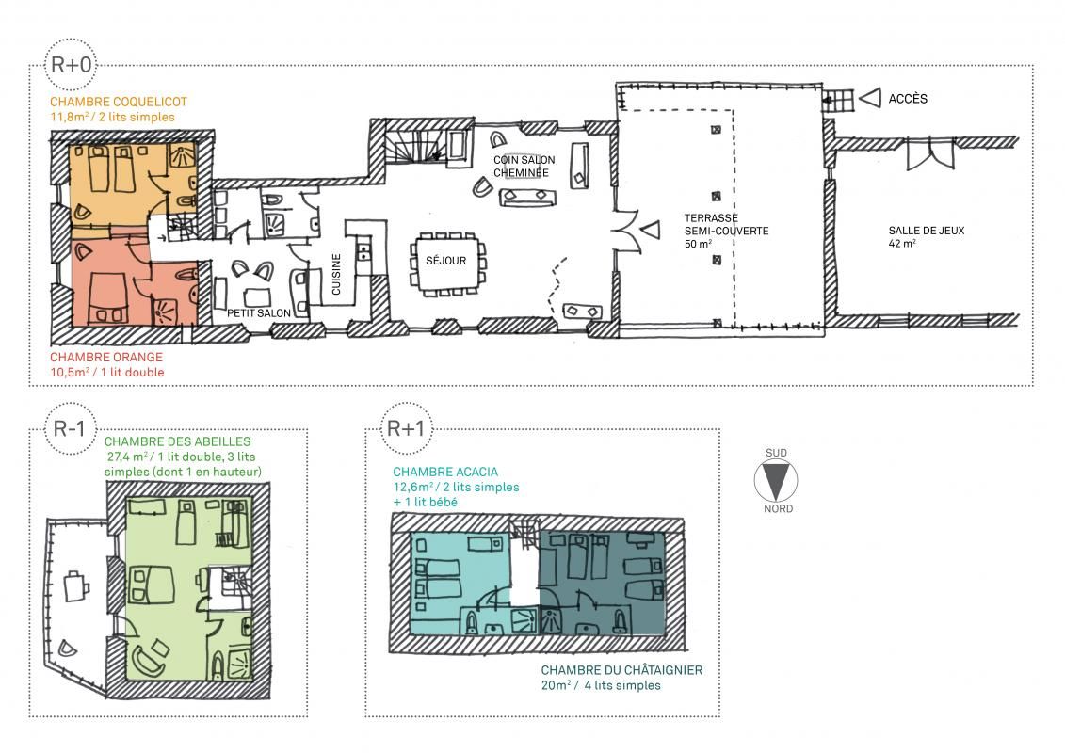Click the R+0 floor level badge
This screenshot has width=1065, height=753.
click(x=71, y=65)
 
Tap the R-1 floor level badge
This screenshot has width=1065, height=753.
click(x=70, y=428)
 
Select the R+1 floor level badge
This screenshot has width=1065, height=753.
click(x=406, y=428)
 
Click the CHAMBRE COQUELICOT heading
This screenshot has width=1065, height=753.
click(x=119, y=102)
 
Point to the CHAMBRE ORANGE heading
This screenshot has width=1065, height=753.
click(x=106, y=357)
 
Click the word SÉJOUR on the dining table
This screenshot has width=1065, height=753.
click(x=445, y=261)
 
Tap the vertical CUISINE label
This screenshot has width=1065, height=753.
click(x=335, y=274)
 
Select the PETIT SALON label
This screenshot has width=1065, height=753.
click(x=259, y=313)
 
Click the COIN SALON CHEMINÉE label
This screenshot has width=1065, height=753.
click(x=524, y=167)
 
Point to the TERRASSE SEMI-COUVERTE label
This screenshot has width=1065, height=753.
click(x=726, y=225)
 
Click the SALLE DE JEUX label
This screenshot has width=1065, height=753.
click(x=927, y=231)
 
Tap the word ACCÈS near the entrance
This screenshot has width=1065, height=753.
click(x=908, y=99)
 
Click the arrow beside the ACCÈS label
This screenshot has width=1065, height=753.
click(x=870, y=99)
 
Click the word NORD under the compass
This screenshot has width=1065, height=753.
click(x=778, y=508)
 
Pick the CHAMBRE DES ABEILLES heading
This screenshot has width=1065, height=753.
click(x=177, y=442)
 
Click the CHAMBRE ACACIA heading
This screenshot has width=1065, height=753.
click(x=445, y=472)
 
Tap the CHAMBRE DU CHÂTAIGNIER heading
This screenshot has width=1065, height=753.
click(x=621, y=670)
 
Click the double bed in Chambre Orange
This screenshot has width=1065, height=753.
click(x=108, y=296)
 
